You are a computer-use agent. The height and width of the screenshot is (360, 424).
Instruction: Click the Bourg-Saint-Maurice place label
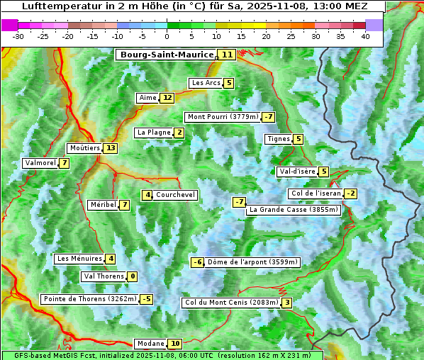(x=167, y=55)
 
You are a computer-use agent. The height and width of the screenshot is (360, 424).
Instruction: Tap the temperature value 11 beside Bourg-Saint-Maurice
(x=227, y=55)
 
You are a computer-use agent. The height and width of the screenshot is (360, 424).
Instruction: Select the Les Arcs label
(x=206, y=83)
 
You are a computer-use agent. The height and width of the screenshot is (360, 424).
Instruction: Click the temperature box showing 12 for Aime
(x=167, y=98)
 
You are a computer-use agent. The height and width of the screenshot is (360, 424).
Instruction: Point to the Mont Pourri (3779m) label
(x=222, y=117)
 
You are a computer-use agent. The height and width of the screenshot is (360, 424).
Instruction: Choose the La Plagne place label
(x=154, y=133)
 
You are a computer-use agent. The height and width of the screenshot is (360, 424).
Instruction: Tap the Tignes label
(x=278, y=139)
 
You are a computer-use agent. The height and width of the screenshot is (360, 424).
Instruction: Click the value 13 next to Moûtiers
(x=110, y=148)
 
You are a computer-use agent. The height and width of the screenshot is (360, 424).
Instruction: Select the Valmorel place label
(x=39, y=163)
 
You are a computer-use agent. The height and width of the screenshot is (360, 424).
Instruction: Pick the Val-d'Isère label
(x=297, y=171)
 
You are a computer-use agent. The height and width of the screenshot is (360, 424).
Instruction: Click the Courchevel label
(x=175, y=195)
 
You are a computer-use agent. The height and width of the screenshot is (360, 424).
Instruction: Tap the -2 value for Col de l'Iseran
(x=350, y=193)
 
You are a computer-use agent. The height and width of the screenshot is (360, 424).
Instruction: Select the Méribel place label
(x=103, y=205)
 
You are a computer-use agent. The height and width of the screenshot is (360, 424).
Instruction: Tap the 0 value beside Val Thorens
(x=133, y=276)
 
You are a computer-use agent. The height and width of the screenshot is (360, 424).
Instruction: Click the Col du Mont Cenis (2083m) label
(x=230, y=303)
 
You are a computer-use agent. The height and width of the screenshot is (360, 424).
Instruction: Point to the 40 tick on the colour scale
(x=365, y=35)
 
